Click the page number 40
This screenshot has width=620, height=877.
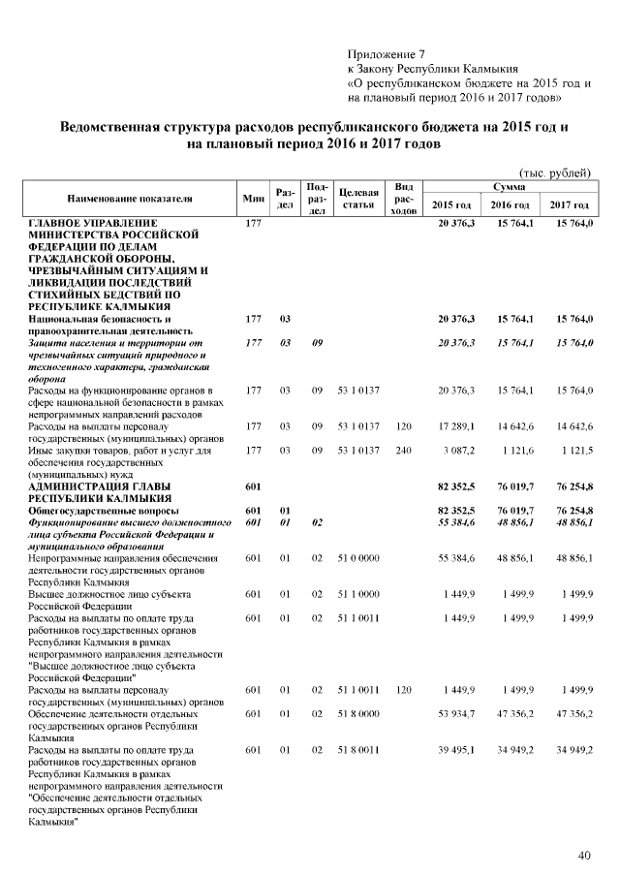584,855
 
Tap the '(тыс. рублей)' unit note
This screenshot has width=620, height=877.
555,172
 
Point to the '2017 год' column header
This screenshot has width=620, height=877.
570,205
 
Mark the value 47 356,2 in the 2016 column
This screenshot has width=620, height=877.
514,714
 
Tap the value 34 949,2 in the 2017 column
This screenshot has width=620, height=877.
573,750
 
